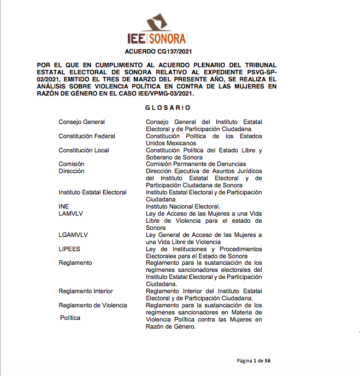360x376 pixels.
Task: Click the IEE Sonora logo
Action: [156, 30]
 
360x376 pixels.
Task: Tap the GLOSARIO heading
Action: [168, 108]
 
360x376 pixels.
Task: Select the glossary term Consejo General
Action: [82, 122]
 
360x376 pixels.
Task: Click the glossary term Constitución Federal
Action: [87, 136]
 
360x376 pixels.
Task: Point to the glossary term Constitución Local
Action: [84, 150]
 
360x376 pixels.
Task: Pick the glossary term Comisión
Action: [72, 164]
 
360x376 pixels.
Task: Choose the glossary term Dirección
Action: [72, 171]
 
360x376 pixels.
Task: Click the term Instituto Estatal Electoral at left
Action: [92, 192]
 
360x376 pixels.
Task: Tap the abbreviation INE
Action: [64, 206]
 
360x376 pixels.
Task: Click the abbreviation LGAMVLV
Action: [73, 235]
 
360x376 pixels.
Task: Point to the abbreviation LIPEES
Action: [69, 249]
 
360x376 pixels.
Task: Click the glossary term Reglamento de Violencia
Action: [93, 305]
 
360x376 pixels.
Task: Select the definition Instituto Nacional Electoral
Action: [182, 206]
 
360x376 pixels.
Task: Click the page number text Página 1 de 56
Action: [253, 361]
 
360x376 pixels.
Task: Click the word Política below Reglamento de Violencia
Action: [70, 318]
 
